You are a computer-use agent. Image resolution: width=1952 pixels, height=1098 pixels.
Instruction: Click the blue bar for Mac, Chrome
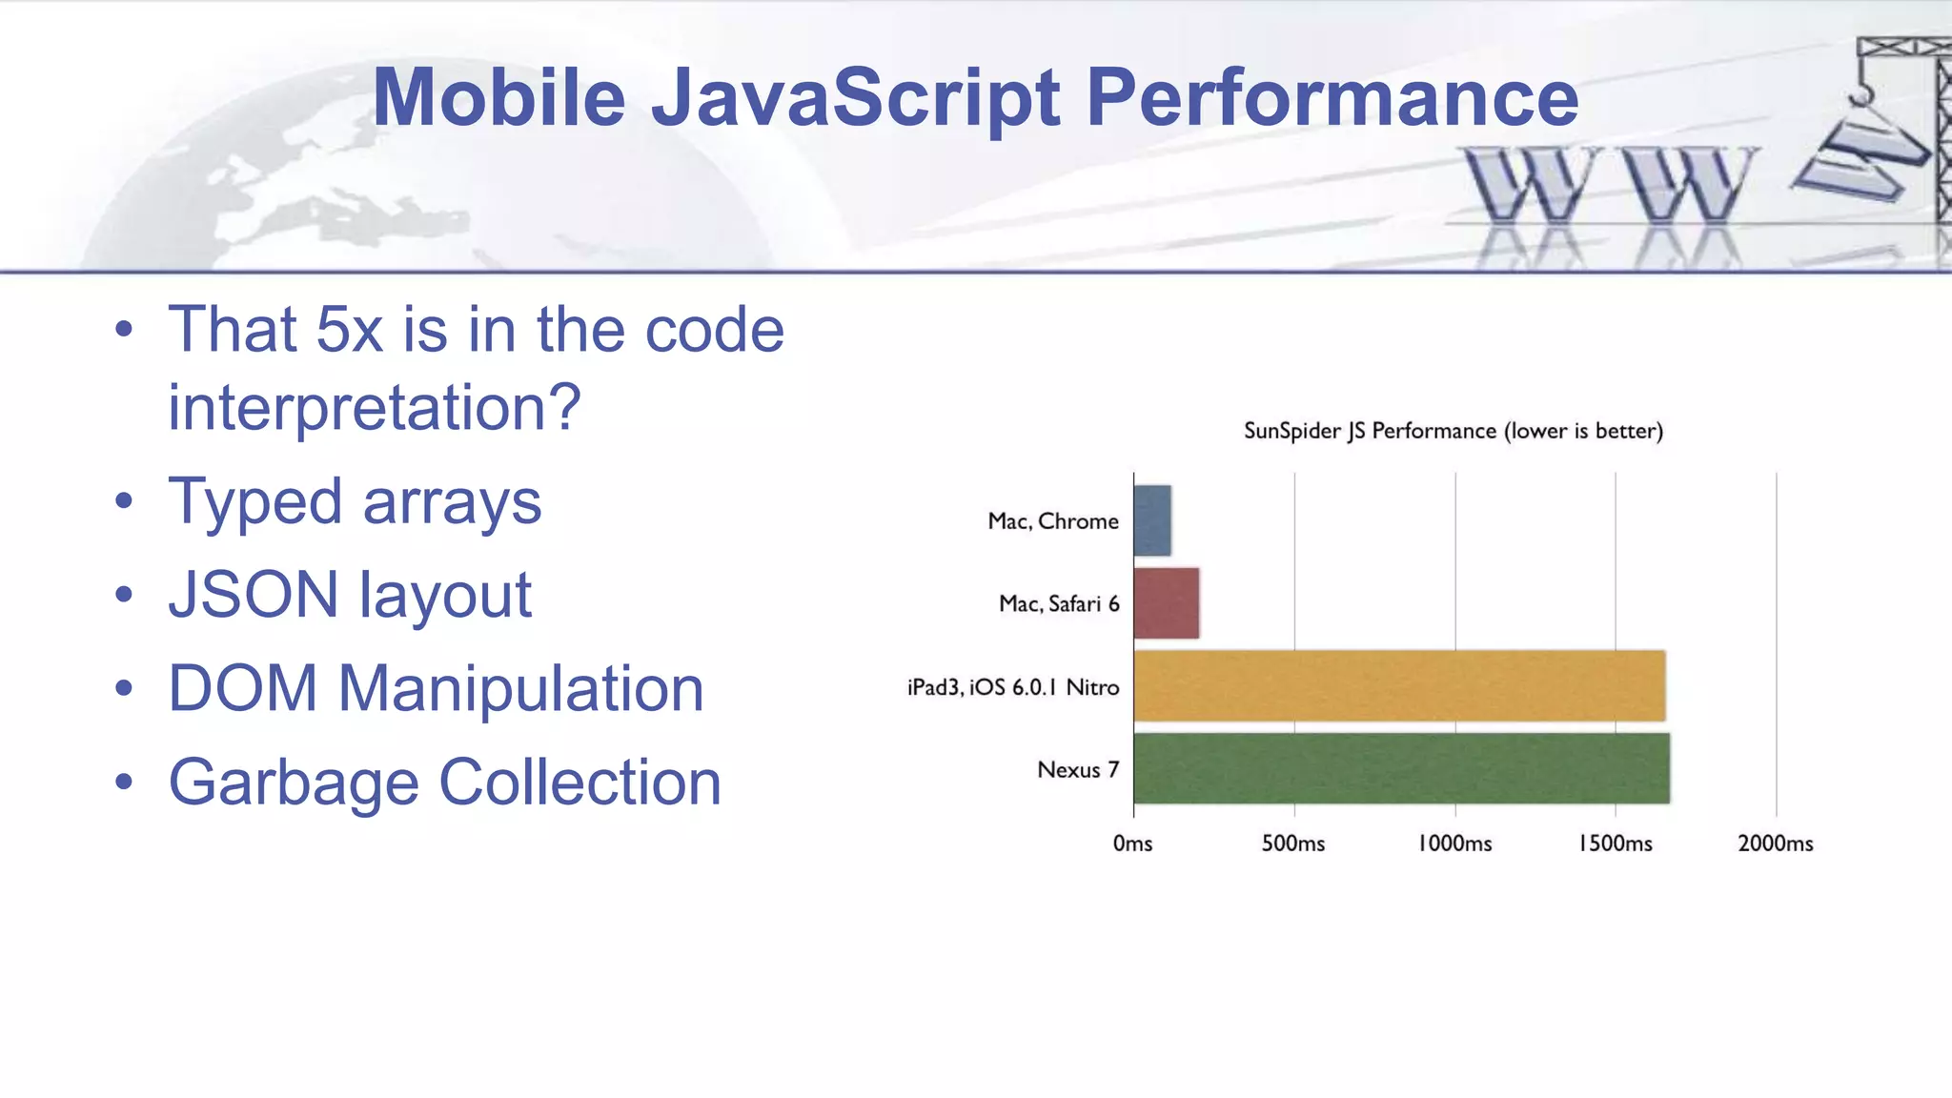click(1152, 520)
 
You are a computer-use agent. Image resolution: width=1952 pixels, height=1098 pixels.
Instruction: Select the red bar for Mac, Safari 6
click(1167, 603)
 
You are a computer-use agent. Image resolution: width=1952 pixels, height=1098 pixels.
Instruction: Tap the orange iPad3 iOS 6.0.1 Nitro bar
click(1399, 686)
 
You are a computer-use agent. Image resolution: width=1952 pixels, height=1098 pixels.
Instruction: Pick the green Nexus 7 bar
click(1401, 768)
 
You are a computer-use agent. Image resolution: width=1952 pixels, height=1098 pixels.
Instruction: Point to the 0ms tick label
click(1132, 844)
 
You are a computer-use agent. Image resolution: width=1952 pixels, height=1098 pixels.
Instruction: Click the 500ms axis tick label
click(1293, 844)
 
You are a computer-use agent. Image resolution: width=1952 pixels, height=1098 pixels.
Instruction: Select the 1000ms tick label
click(1454, 844)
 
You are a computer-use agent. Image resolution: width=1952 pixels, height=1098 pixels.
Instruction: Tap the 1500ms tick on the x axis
click(1616, 844)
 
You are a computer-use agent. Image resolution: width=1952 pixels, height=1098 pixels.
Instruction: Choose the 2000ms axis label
click(1776, 844)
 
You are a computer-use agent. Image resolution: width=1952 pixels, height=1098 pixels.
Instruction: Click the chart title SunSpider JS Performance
click(1454, 431)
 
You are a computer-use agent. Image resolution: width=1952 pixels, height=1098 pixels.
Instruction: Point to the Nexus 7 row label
click(1078, 769)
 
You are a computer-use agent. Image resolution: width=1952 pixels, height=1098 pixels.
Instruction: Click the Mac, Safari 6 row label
click(1059, 603)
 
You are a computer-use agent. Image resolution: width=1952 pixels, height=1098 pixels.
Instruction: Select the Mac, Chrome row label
click(1053, 521)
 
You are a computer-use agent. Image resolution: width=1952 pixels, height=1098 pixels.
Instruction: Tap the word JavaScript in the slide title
click(855, 97)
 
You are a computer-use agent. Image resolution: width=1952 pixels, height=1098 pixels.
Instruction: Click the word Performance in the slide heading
click(1332, 97)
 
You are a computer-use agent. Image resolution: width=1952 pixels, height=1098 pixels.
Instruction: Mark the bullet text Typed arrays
click(355, 501)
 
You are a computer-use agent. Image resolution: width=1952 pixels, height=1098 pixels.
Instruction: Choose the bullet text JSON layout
click(350, 595)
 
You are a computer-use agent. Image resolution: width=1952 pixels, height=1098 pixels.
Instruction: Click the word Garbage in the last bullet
click(294, 783)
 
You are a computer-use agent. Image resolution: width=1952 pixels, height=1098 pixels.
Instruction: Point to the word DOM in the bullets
click(242, 688)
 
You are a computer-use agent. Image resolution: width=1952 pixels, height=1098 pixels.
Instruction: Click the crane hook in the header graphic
click(1861, 94)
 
